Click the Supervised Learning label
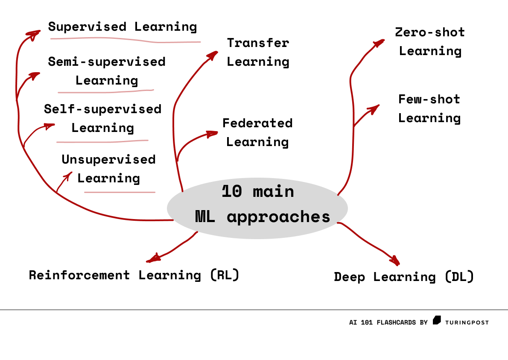[123, 27]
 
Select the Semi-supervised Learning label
[107, 71]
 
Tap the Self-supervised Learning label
[103, 118]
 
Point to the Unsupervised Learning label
[108, 169]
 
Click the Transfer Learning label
[258, 52]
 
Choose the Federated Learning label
[257, 132]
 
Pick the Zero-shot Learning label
[430, 41]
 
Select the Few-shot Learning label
[429, 108]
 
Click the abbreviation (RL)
[225, 275]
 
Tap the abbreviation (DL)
[459, 277]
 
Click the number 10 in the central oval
[232, 191]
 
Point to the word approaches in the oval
[278, 217]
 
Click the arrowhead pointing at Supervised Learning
[34, 34]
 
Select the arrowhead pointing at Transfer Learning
[213, 55]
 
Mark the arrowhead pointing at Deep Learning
[395, 260]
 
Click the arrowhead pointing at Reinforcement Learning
[153, 258]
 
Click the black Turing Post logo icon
[437, 320]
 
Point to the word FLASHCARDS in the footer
[396, 322]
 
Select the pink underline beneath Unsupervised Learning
[120, 192]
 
